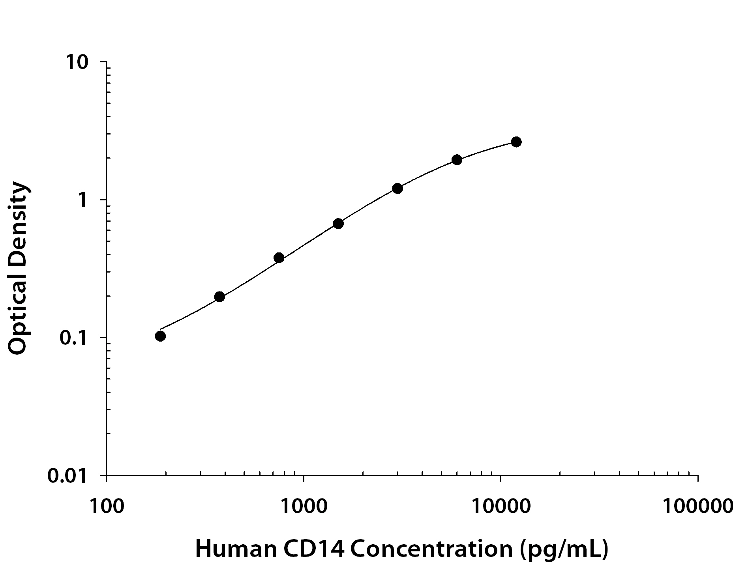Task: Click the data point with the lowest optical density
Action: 160,336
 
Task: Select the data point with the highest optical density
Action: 516,142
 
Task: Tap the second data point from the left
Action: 219,297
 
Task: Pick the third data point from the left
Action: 279,258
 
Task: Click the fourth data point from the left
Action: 338,224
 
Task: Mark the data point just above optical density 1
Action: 397,189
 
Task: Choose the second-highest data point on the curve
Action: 457,160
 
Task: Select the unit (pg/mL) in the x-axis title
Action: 564,550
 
